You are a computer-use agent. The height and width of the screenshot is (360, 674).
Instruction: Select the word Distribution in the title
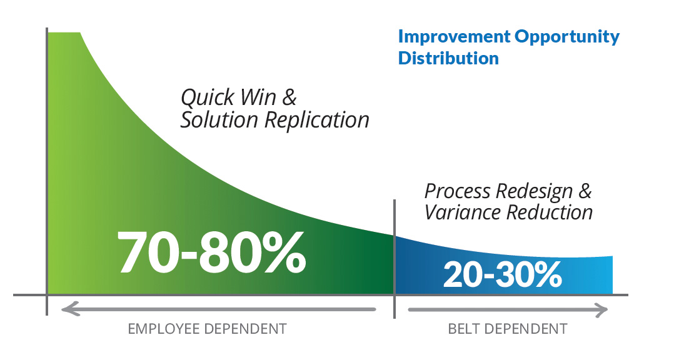(x=448, y=58)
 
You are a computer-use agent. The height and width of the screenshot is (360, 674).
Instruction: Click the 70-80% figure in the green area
(x=211, y=252)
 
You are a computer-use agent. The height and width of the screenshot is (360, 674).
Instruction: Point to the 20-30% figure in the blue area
(x=503, y=274)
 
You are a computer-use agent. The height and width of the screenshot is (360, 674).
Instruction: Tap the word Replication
(x=316, y=120)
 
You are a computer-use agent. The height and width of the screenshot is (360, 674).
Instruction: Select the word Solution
(x=219, y=119)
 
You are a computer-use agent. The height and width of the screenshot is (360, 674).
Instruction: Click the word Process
(x=458, y=191)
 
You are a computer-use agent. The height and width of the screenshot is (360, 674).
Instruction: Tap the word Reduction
(x=550, y=212)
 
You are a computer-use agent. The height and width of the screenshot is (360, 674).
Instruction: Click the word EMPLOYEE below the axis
(x=163, y=329)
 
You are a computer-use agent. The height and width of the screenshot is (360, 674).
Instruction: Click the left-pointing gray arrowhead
(x=70, y=309)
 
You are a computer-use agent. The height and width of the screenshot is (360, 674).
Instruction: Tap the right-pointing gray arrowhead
(x=600, y=310)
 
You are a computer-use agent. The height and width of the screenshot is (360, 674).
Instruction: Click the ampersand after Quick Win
(x=289, y=97)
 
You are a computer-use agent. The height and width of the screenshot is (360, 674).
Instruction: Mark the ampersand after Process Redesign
(x=585, y=191)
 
